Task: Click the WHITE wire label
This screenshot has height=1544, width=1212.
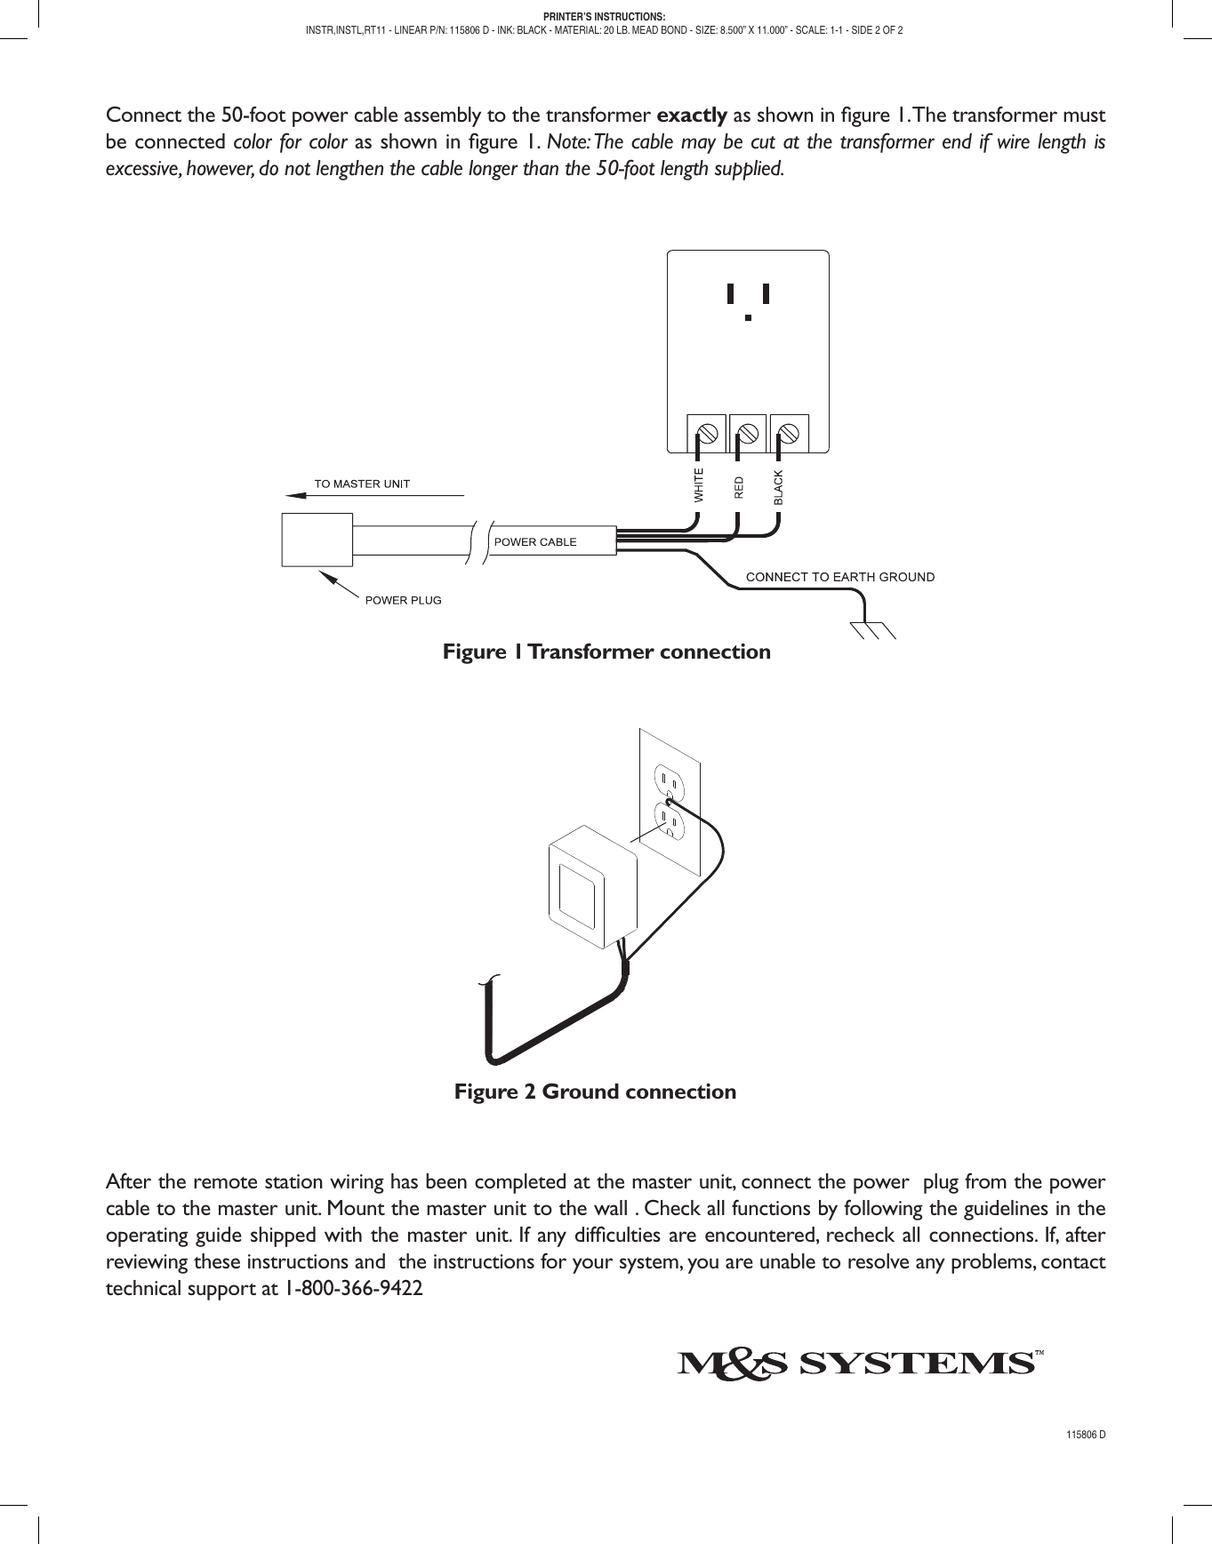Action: pyautogui.click(x=699, y=485)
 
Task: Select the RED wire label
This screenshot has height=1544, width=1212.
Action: pyautogui.click(x=738, y=487)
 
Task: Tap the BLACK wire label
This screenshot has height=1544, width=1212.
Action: pyautogui.click(x=778, y=488)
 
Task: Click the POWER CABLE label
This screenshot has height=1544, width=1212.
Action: pyautogui.click(x=535, y=542)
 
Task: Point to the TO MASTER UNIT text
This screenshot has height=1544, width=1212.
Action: pyautogui.click(x=362, y=484)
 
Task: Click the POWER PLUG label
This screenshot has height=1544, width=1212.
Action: pyautogui.click(x=403, y=600)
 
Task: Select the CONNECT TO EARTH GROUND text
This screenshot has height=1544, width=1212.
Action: pyautogui.click(x=840, y=577)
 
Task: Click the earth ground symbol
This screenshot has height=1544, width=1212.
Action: pyautogui.click(x=871, y=628)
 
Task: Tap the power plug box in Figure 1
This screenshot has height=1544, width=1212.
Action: pyautogui.click(x=317, y=540)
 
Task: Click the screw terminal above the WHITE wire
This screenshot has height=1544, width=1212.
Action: pyautogui.click(x=708, y=434)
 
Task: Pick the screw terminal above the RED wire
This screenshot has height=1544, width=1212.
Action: pyautogui.click(x=748, y=434)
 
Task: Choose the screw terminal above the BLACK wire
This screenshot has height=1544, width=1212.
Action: pyautogui.click(x=789, y=434)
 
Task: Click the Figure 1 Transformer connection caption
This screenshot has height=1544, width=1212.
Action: pyautogui.click(x=606, y=652)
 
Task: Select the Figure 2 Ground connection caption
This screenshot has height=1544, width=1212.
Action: pyautogui.click(x=595, y=1092)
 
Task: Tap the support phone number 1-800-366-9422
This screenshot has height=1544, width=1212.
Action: pyautogui.click(x=353, y=1288)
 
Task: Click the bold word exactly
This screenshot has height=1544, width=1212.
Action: pyautogui.click(x=691, y=116)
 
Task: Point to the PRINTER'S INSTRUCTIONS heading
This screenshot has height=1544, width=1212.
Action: pyautogui.click(x=605, y=17)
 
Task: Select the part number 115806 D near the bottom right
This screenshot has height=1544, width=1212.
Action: pyautogui.click(x=1086, y=1436)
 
